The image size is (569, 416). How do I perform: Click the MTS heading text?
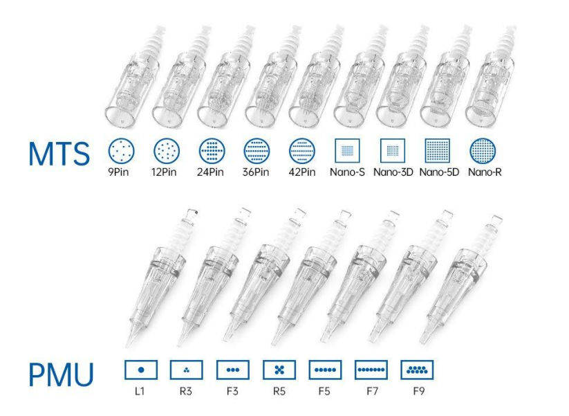[x=59, y=154]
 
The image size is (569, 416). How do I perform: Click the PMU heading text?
[x=61, y=374]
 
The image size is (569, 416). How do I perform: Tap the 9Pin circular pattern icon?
[x=121, y=151]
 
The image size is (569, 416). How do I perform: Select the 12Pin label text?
[x=164, y=172]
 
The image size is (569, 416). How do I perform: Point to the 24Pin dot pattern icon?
[x=212, y=151]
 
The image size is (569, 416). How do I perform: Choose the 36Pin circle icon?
[x=256, y=151]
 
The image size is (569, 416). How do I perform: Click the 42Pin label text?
[x=302, y=172]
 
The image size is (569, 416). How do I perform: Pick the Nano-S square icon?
[x=347, y=150]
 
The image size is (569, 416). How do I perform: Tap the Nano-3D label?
[x=393, y=172]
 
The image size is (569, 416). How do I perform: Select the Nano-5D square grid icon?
[x=437, y=150]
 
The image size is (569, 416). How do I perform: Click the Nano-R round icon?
[x=483, y=151]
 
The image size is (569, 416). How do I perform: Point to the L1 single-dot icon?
[x=141, y=370]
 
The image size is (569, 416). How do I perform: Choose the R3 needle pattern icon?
[x=187, y=370]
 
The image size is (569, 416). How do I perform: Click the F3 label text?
[x=232, y=391]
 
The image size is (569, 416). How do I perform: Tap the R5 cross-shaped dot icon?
[x=279, y=370]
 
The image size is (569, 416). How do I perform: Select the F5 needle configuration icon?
[x=325, y=370]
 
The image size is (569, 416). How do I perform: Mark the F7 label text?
[x=373, y=391]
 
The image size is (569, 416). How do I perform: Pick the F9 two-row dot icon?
[x=417, y=370]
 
